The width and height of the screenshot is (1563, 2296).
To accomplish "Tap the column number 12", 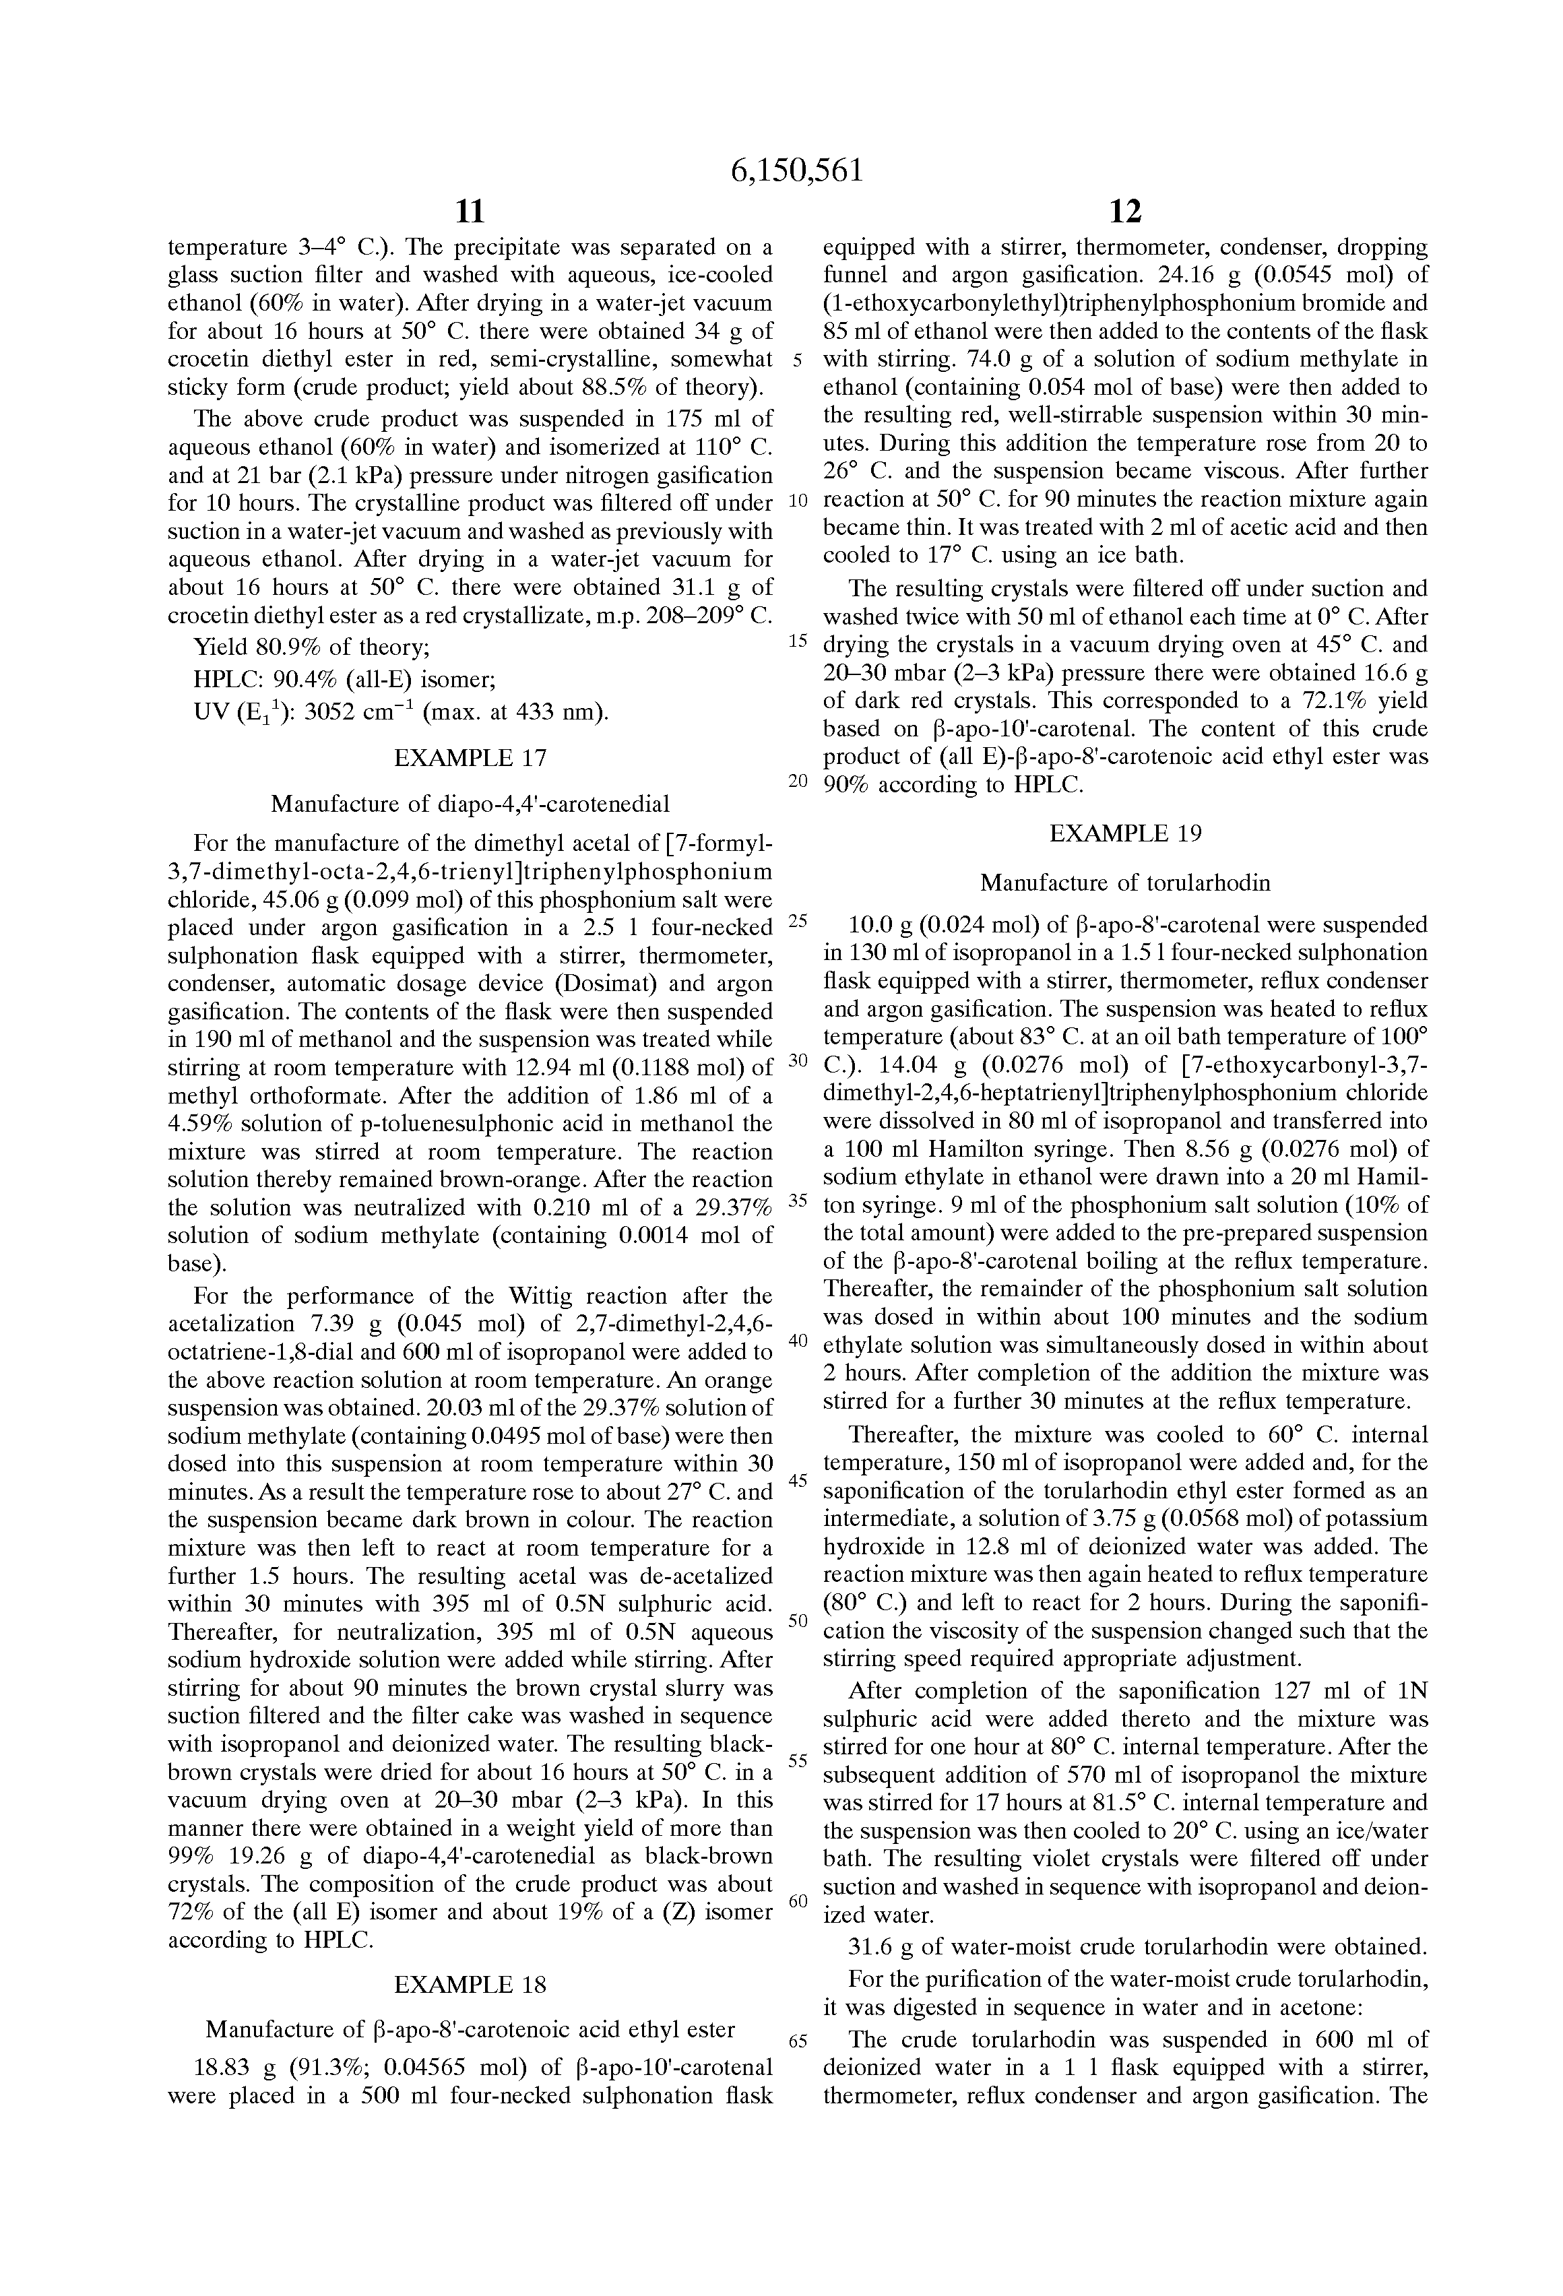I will point(1125,212).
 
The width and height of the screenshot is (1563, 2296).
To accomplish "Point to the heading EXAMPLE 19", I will point(1125,833).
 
